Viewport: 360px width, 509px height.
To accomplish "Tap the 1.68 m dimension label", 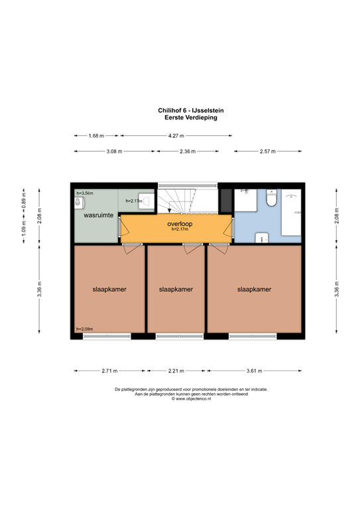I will point(97,136).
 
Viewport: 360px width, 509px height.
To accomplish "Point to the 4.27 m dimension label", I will point(176,136).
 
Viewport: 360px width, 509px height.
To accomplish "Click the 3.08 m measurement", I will point(115,152).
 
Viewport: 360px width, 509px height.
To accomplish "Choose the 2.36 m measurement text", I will point(188,152).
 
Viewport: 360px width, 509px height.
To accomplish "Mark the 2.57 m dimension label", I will point(267,152).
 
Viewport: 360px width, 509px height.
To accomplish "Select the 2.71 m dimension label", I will point(109,371).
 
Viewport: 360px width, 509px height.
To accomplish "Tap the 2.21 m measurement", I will point(176,371).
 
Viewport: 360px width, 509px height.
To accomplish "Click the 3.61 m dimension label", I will point(254,371).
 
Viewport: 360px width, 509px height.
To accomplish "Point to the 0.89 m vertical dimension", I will point(24,205).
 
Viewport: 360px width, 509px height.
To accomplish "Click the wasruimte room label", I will point(97,215).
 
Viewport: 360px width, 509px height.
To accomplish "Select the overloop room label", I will point(180,224).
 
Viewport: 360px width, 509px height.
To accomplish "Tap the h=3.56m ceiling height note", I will point(85,193).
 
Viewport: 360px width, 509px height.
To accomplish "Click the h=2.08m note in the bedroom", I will point(84,329).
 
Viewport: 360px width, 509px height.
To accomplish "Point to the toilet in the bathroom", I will point(270,198).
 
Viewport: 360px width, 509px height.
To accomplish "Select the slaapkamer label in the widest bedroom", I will point(255,290).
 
